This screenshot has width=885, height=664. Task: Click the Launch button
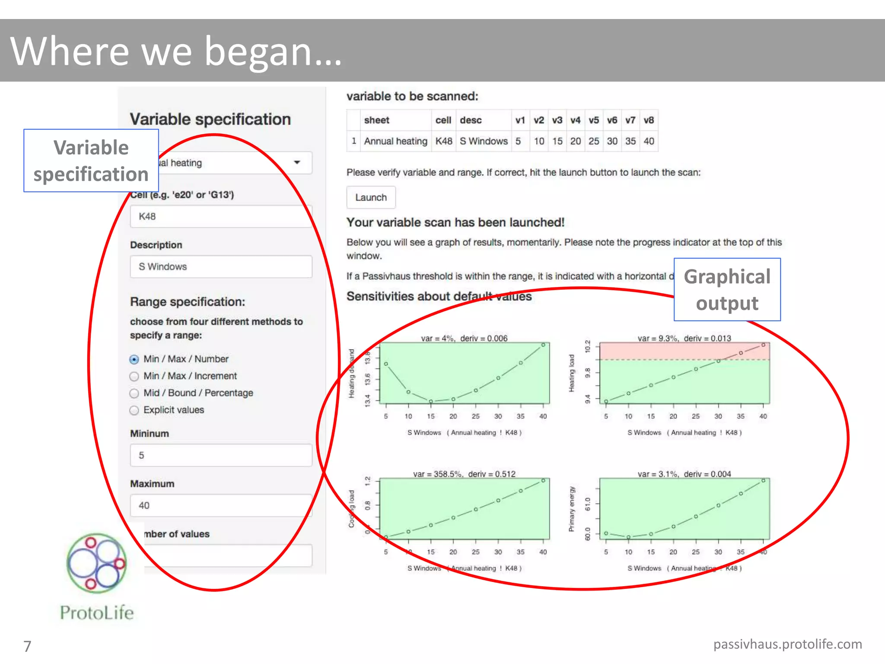(371, 198)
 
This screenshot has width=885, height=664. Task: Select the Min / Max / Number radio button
(134, 359)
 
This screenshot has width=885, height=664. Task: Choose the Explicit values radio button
(134, 410)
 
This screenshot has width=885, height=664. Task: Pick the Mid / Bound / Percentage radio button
(134, 393)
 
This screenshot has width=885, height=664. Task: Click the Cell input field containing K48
(220, 217)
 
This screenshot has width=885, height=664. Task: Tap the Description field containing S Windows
(220, 267)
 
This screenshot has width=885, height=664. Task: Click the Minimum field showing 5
(220, 456)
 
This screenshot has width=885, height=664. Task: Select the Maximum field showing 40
(220, 506)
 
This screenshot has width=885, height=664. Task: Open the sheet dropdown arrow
(297, 163)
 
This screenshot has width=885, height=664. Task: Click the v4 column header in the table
(575, 120)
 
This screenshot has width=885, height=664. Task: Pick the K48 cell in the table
(444, 141)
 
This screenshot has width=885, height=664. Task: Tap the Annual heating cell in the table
(395, 141)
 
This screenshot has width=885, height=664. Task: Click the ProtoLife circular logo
(97, 563)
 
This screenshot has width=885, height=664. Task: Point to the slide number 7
(27, 646)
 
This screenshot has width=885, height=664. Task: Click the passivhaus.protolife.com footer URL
(787, 644)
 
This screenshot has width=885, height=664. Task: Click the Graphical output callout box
(727, 290)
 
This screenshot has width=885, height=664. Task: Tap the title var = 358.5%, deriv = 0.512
(464, 474)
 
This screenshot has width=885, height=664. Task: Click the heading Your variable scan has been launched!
(455, 223)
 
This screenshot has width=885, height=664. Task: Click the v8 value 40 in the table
(649, 141)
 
